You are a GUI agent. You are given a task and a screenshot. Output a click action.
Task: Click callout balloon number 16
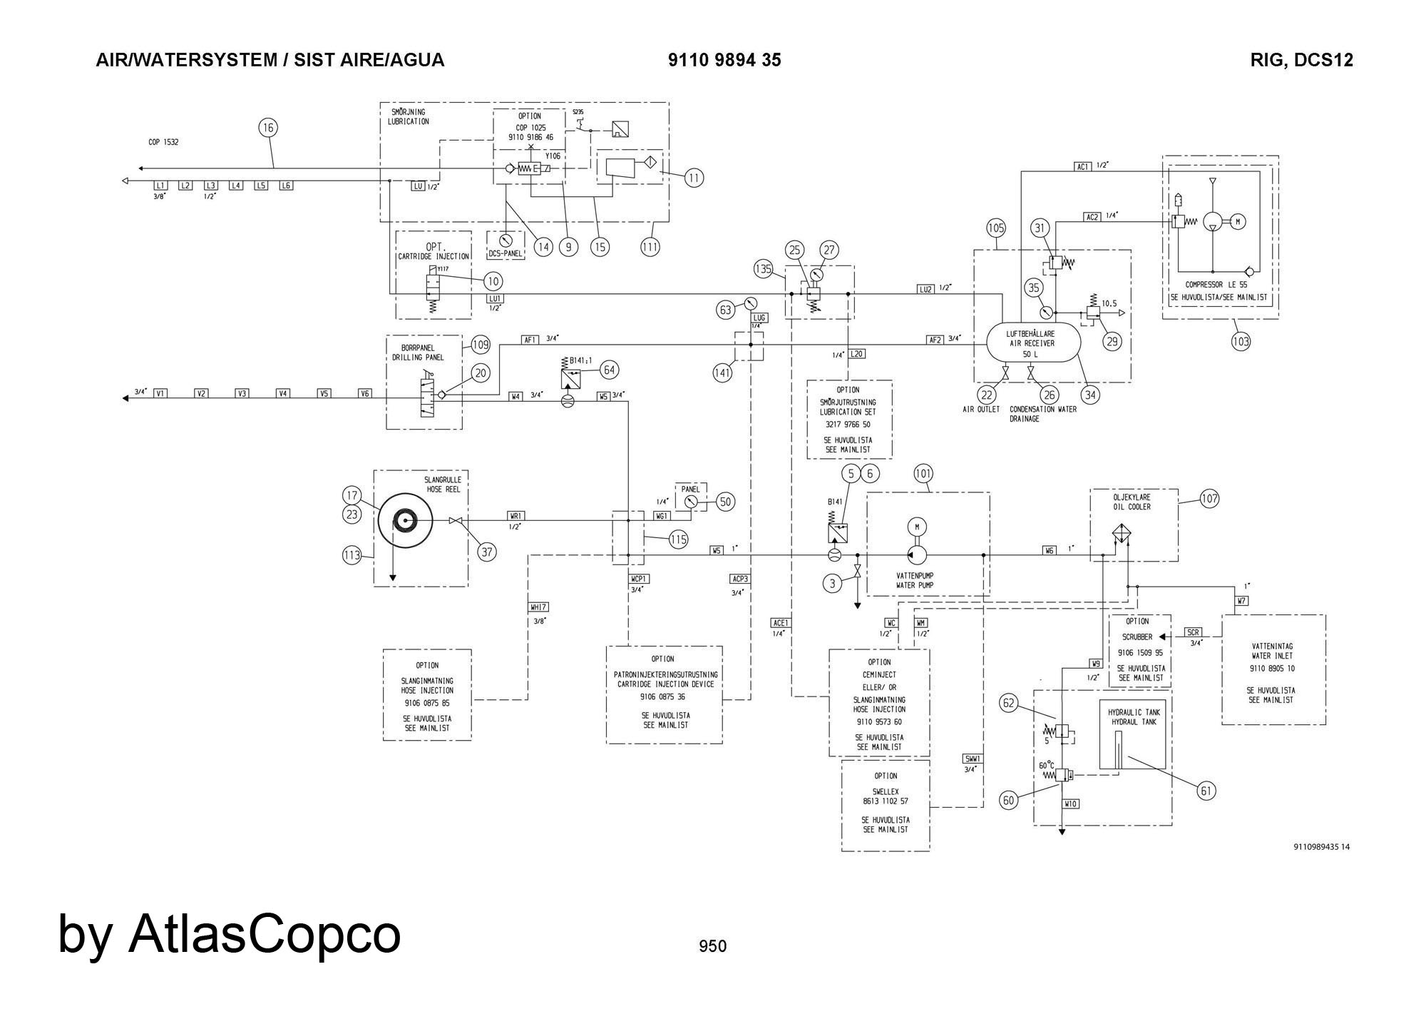coord(267,128)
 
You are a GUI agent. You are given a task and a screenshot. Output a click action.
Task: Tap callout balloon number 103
coord(1241,341)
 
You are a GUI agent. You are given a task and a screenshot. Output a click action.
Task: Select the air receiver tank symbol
coord(1033,343)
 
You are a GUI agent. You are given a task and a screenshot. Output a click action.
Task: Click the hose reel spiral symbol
coord(405,521)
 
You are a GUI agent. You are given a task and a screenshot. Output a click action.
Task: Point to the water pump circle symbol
coord(917,554)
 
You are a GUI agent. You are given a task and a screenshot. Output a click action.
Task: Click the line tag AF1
coord(530,340)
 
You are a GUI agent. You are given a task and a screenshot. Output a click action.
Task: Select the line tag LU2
coord(925,289)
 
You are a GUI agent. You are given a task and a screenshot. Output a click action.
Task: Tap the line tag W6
coord(1049,550)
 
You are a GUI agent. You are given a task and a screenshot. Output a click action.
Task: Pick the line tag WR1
coord(516,516)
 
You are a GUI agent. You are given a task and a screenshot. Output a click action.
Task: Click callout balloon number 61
coord(1206,790)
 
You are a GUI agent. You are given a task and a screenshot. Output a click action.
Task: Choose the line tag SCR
coord(1193,632)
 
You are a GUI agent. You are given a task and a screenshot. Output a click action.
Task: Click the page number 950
coord(712,946)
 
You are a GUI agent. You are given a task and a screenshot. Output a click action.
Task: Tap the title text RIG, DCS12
coord(1301,60)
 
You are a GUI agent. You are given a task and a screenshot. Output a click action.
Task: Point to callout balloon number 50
coord(725,502)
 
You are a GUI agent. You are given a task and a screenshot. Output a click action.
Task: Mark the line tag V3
coord(242,393)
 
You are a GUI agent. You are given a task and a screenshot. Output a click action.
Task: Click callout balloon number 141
coord(723,372)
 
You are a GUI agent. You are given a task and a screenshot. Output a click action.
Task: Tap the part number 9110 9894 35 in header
coord(724,60)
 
